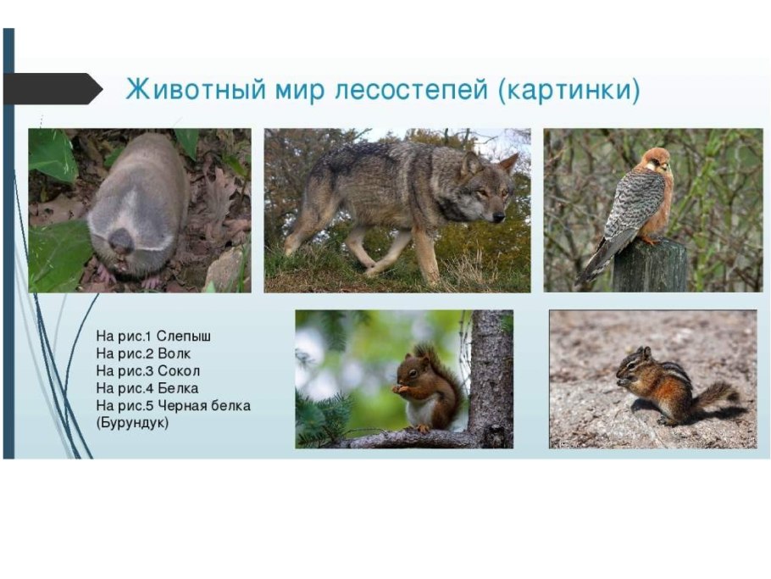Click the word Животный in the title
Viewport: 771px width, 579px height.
click(176, 89)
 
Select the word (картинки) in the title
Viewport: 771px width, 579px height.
click(569, 89)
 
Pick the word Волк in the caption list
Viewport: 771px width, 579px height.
click(174, 354)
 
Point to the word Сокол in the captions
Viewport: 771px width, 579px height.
click(179, 370)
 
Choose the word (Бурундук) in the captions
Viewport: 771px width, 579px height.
click(132, 421)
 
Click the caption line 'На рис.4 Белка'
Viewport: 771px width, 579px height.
click(147, 387)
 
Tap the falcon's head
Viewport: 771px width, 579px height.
click(655, 162)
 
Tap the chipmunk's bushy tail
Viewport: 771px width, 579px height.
click(715, 393)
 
